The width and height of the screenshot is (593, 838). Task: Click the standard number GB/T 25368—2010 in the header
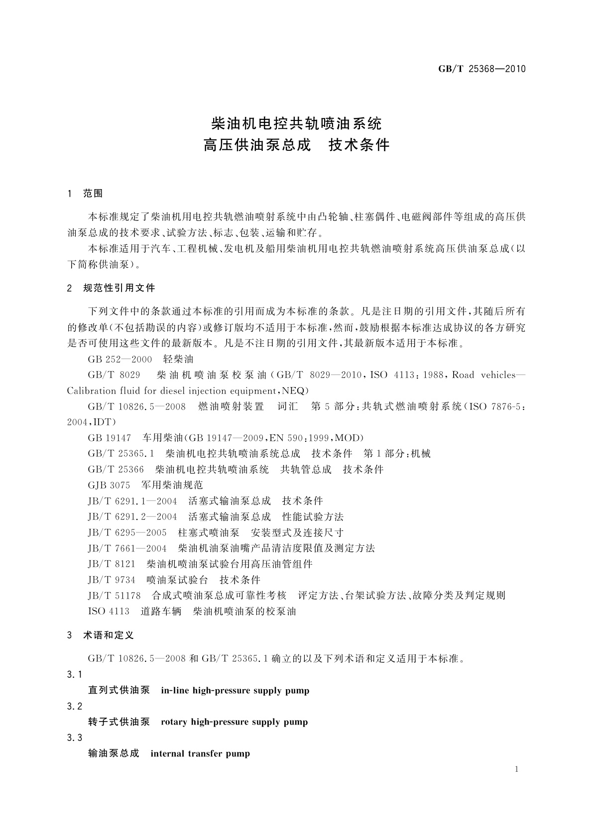point(481,69)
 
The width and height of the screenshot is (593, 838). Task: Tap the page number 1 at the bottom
point(516,769)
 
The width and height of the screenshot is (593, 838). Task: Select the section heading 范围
point(93,194)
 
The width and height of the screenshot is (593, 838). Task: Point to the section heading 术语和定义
point(109,635)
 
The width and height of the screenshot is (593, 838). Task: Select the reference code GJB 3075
point(109,485)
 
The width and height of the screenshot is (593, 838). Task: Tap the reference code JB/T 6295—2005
point(127,532)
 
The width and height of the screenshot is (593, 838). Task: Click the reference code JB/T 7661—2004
point(127,548)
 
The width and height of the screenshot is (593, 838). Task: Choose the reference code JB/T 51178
point(115,596)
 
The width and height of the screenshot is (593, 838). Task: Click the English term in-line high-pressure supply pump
point(235,691)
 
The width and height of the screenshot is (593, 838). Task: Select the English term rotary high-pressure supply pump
point(234,722)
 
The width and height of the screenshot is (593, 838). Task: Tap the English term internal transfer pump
point(200,753)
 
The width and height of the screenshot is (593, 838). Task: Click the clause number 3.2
point(74,707)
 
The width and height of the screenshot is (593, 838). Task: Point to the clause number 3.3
point(74,738)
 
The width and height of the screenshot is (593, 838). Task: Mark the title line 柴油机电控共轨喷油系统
point(296,122)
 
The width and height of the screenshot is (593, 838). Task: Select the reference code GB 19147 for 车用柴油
point(109,438)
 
